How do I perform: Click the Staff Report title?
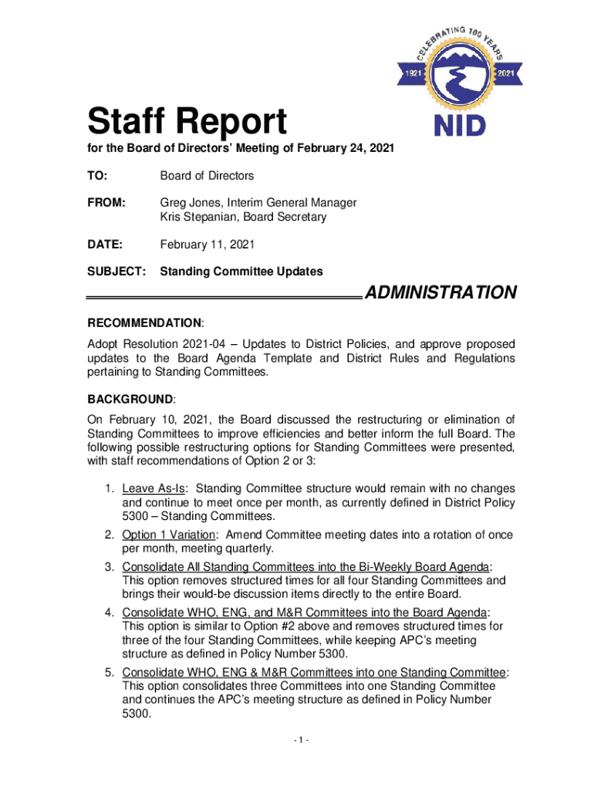(x=187, y=122)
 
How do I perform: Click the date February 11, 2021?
(x=207, y=245)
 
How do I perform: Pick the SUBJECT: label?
(x=115, y=272)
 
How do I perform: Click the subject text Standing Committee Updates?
(x=241, y=272)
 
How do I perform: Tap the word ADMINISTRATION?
(x=440, y=293)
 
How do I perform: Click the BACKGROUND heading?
(x=130, y=400)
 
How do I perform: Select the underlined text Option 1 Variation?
(x=170, y=535)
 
